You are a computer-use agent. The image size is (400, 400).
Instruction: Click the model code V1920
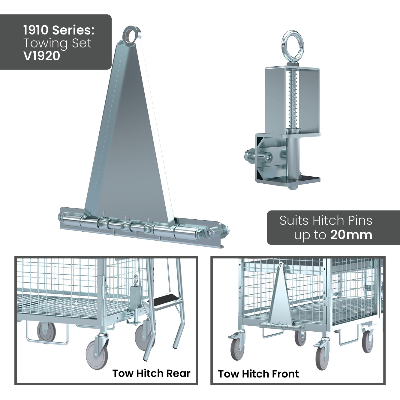tap(42, 56)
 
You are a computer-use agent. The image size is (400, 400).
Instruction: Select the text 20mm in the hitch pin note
tap(351, 235)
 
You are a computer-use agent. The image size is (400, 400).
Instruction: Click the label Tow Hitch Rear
tap(151, 373)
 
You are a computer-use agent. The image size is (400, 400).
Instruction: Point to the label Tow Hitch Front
tap(258, 374)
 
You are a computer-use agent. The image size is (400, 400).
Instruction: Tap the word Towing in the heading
tap(44, 44)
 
